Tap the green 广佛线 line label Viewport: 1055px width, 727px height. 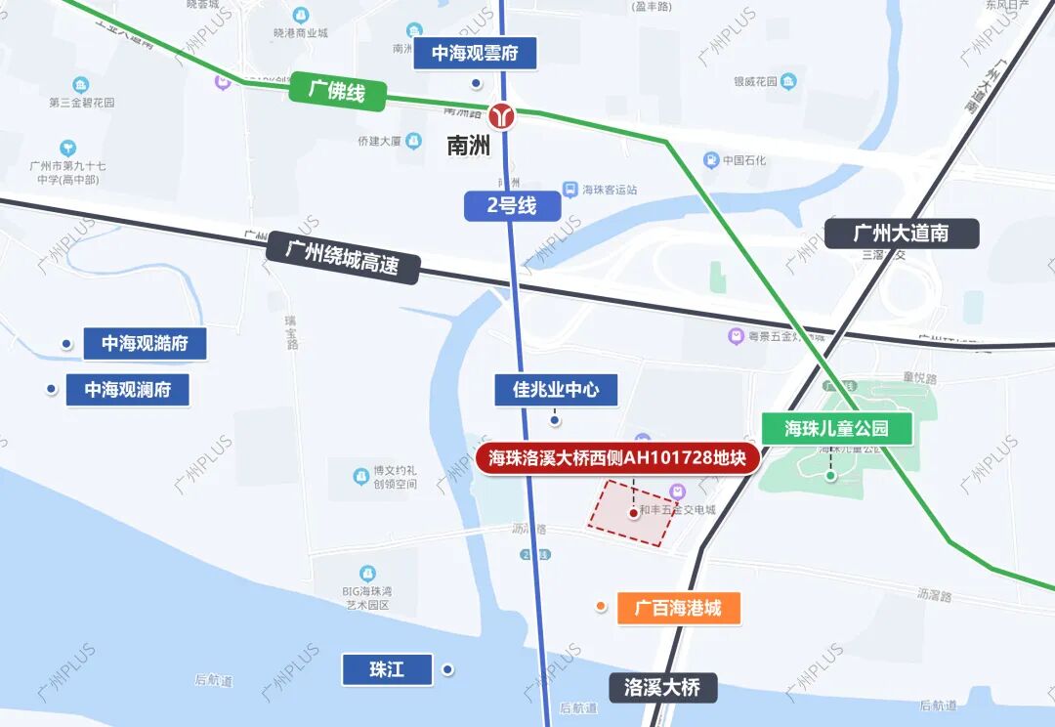(337, 93)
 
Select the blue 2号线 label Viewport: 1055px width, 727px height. (513, 206)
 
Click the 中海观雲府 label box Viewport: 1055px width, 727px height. (475, 53)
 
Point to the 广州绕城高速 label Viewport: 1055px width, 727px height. (342, 257)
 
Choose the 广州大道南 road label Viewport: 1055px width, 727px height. (901, 234)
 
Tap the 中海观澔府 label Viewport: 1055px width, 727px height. (145, 344)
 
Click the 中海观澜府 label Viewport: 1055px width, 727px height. (127, 390)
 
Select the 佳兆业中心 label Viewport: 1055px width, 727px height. (556, 391)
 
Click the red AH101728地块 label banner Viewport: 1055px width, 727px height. (617, 457)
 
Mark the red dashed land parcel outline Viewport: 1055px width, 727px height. (631, 515)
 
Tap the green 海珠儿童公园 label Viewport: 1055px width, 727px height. (837, 428)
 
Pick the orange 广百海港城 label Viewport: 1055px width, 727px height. (678, 608)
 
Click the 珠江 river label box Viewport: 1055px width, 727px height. (386, 669)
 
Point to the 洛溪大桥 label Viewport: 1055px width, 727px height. (661, 686)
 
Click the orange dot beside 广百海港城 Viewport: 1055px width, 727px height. (601, 607)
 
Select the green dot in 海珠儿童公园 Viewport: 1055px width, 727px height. (830, 476)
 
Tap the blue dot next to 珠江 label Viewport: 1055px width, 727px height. (447, 669)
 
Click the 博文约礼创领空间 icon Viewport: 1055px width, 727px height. (362, 477)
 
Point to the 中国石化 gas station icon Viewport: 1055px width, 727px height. (712, 160)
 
